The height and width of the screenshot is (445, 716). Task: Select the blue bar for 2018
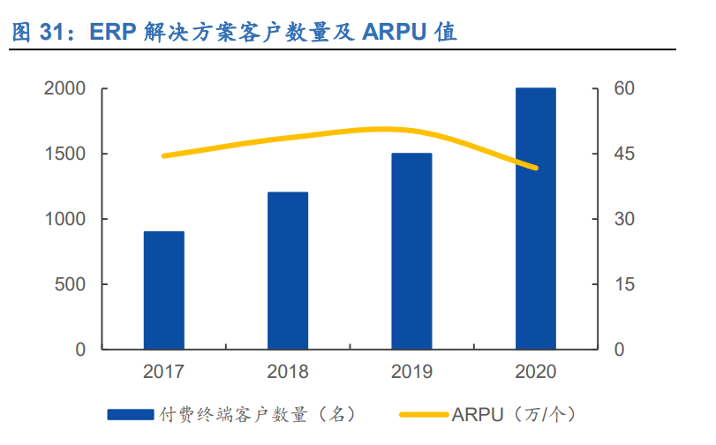coord(288,270)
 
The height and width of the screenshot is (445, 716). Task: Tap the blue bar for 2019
coord(411,251)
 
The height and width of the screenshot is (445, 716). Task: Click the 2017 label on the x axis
coord(164,371)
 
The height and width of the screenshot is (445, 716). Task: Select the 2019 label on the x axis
coord(411,371)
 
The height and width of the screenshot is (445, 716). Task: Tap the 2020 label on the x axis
coord(536,371)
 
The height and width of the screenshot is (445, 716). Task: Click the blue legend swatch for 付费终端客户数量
coord(131,413)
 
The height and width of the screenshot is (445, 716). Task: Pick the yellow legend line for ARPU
coord(424,413)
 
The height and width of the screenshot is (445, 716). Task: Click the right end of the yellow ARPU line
coord(535,168)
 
